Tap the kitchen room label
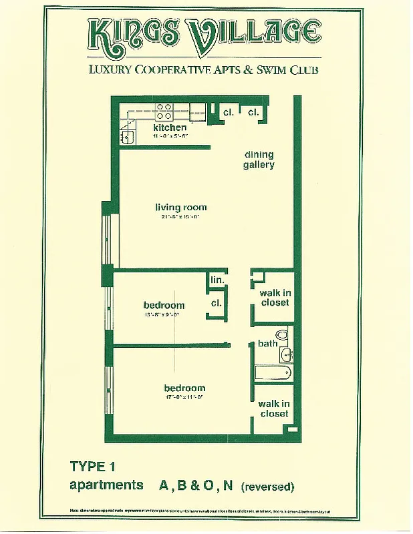170,127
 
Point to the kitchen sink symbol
128,137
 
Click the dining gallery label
259,160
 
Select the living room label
180,208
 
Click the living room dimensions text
180,217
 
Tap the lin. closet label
217,280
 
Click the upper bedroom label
164,306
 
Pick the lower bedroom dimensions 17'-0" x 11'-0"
185,397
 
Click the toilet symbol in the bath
281,334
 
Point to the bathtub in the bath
273,372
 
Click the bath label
267,344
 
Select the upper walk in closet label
275,298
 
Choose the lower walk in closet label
274,409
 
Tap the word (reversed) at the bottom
267,487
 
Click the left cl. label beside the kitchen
229,113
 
